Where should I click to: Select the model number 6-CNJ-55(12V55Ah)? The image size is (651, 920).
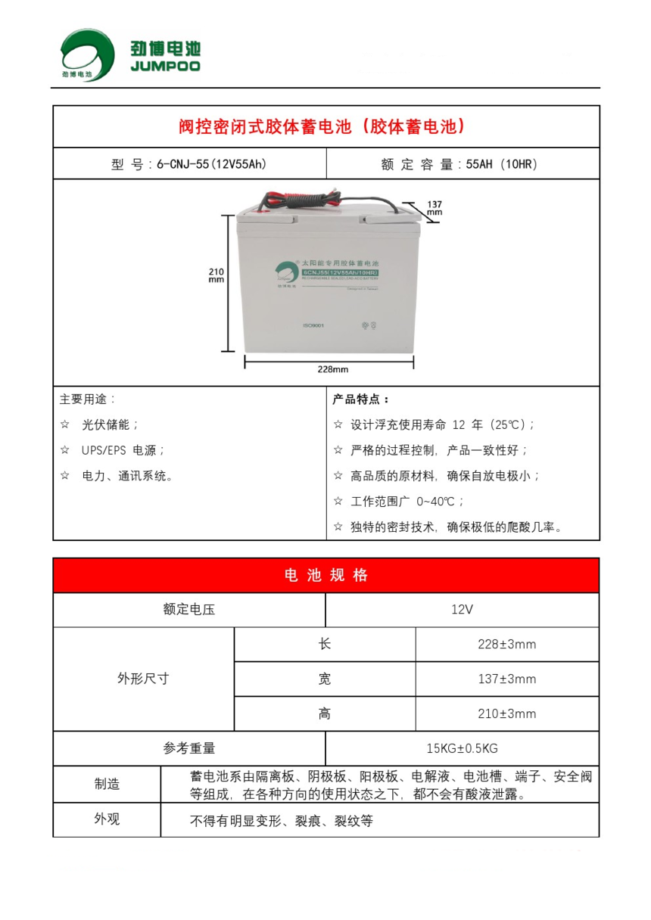click(211, 163)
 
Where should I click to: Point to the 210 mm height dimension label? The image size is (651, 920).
click(216, 275)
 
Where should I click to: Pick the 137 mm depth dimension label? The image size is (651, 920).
click(434, 208)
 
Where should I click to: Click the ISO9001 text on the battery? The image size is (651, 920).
click(313, 325)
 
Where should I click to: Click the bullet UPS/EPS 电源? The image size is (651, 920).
click(123, 450)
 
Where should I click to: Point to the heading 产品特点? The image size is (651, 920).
click(361, 399)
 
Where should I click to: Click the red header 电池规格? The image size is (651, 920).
click(325, 575)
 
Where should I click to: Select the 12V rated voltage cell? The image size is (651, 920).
click(462, 610)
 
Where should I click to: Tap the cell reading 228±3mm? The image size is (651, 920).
click(507, 645)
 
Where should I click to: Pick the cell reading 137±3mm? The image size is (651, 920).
click(507, 679)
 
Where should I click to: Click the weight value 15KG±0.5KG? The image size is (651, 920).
click(462, 749)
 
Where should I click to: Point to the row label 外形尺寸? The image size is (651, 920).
click(143, 679)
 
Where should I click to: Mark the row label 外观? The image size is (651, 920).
click(107, 819)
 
